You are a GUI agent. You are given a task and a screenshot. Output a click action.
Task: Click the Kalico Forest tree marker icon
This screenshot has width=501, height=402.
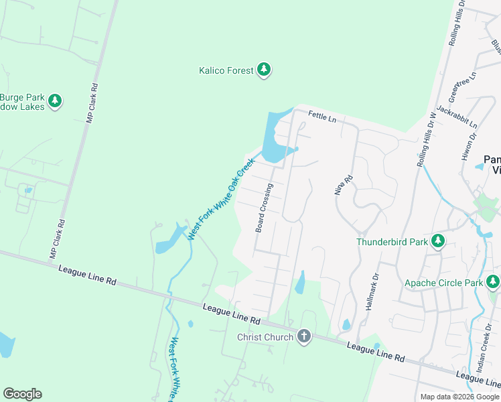[265, 70]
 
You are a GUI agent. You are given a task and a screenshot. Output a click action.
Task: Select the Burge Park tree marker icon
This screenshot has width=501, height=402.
[55, 101]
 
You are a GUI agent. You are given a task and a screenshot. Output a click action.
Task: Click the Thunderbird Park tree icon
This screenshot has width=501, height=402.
[437, 241]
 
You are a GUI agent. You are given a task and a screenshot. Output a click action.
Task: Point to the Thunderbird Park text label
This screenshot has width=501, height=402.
[392, 242]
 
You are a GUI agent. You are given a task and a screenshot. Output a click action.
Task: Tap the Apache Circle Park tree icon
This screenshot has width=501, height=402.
[494, 282]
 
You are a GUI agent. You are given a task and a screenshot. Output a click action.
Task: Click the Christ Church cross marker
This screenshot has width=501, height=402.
[304, 336]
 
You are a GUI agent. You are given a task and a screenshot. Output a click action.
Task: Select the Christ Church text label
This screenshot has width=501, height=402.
[265, 337]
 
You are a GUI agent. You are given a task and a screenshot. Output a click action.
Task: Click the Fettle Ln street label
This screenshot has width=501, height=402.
[321, 117]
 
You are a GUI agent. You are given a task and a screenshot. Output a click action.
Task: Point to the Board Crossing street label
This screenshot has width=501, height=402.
[265, 208]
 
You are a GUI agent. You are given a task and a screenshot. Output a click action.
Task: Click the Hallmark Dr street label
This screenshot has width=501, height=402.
[372, 289]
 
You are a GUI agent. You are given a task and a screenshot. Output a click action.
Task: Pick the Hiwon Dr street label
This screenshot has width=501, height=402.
[472, 145]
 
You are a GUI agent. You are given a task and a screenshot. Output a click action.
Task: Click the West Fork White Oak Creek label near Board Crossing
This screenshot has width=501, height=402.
[222, 199]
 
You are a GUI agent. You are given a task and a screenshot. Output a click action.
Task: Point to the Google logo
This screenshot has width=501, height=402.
[22, 394]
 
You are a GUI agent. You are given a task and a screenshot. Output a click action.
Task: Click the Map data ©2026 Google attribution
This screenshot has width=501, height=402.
[459, 397]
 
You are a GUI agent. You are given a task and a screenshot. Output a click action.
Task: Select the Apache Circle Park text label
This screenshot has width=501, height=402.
[443, 283]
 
